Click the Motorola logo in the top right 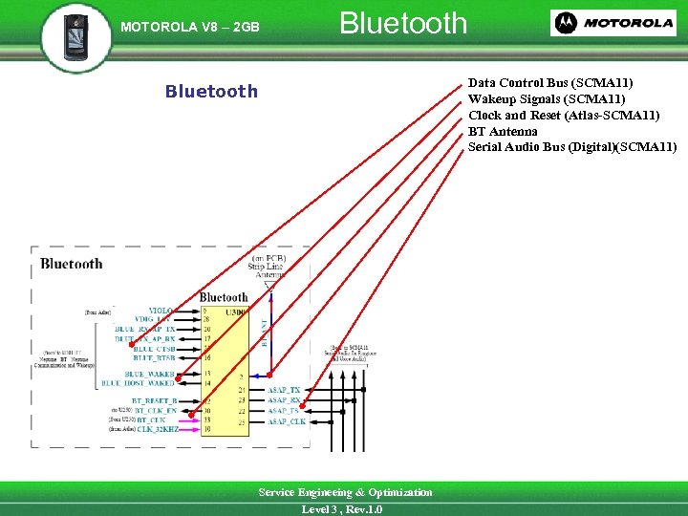point(613,23)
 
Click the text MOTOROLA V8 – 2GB point(190,27)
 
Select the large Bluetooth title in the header point(403,23)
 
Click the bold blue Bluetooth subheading point(211,92)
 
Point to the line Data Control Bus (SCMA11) point(550,84)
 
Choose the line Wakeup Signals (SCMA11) point(547,99)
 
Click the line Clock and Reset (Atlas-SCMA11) point(564,116)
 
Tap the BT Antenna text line point(503,131)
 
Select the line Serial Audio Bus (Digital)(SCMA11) point(571,146)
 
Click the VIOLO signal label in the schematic point(161,311)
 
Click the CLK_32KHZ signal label point(157,429)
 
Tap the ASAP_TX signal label point(284,391)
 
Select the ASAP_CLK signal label point(287,420)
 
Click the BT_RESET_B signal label point(154,400)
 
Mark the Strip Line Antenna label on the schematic point(269,266)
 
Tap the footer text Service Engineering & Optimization point(345,492)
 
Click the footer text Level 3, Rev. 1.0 point(342,509)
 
